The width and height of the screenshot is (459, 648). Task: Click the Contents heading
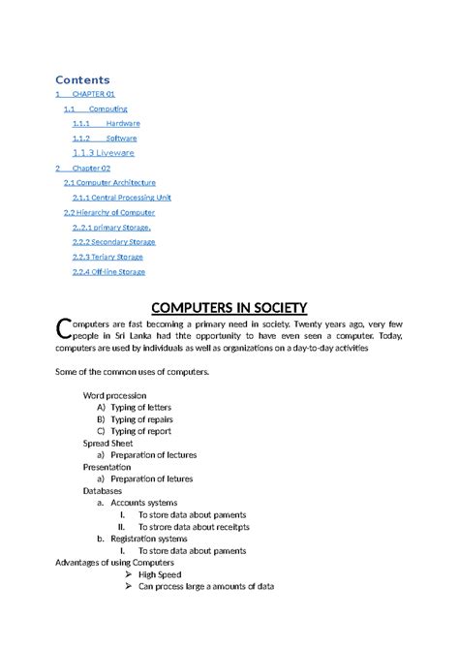click(x=82, y=79)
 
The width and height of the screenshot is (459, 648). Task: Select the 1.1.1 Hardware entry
click(x=106, y=124)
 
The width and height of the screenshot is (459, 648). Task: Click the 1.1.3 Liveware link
click(x=104, y=153)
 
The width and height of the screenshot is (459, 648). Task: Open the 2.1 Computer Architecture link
click(x=109, y=182)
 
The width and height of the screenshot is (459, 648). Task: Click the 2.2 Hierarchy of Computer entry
click(x=109, y=212)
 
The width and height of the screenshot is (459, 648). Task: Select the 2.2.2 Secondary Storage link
click(x=113, y=242)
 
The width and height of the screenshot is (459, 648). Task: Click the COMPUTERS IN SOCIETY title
click(x=229, y=309)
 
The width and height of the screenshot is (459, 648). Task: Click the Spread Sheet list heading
click(x=108, y=443)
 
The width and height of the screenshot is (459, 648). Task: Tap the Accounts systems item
click(x=143, y=503)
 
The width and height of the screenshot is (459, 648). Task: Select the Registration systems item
click(x=149, y=539)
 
